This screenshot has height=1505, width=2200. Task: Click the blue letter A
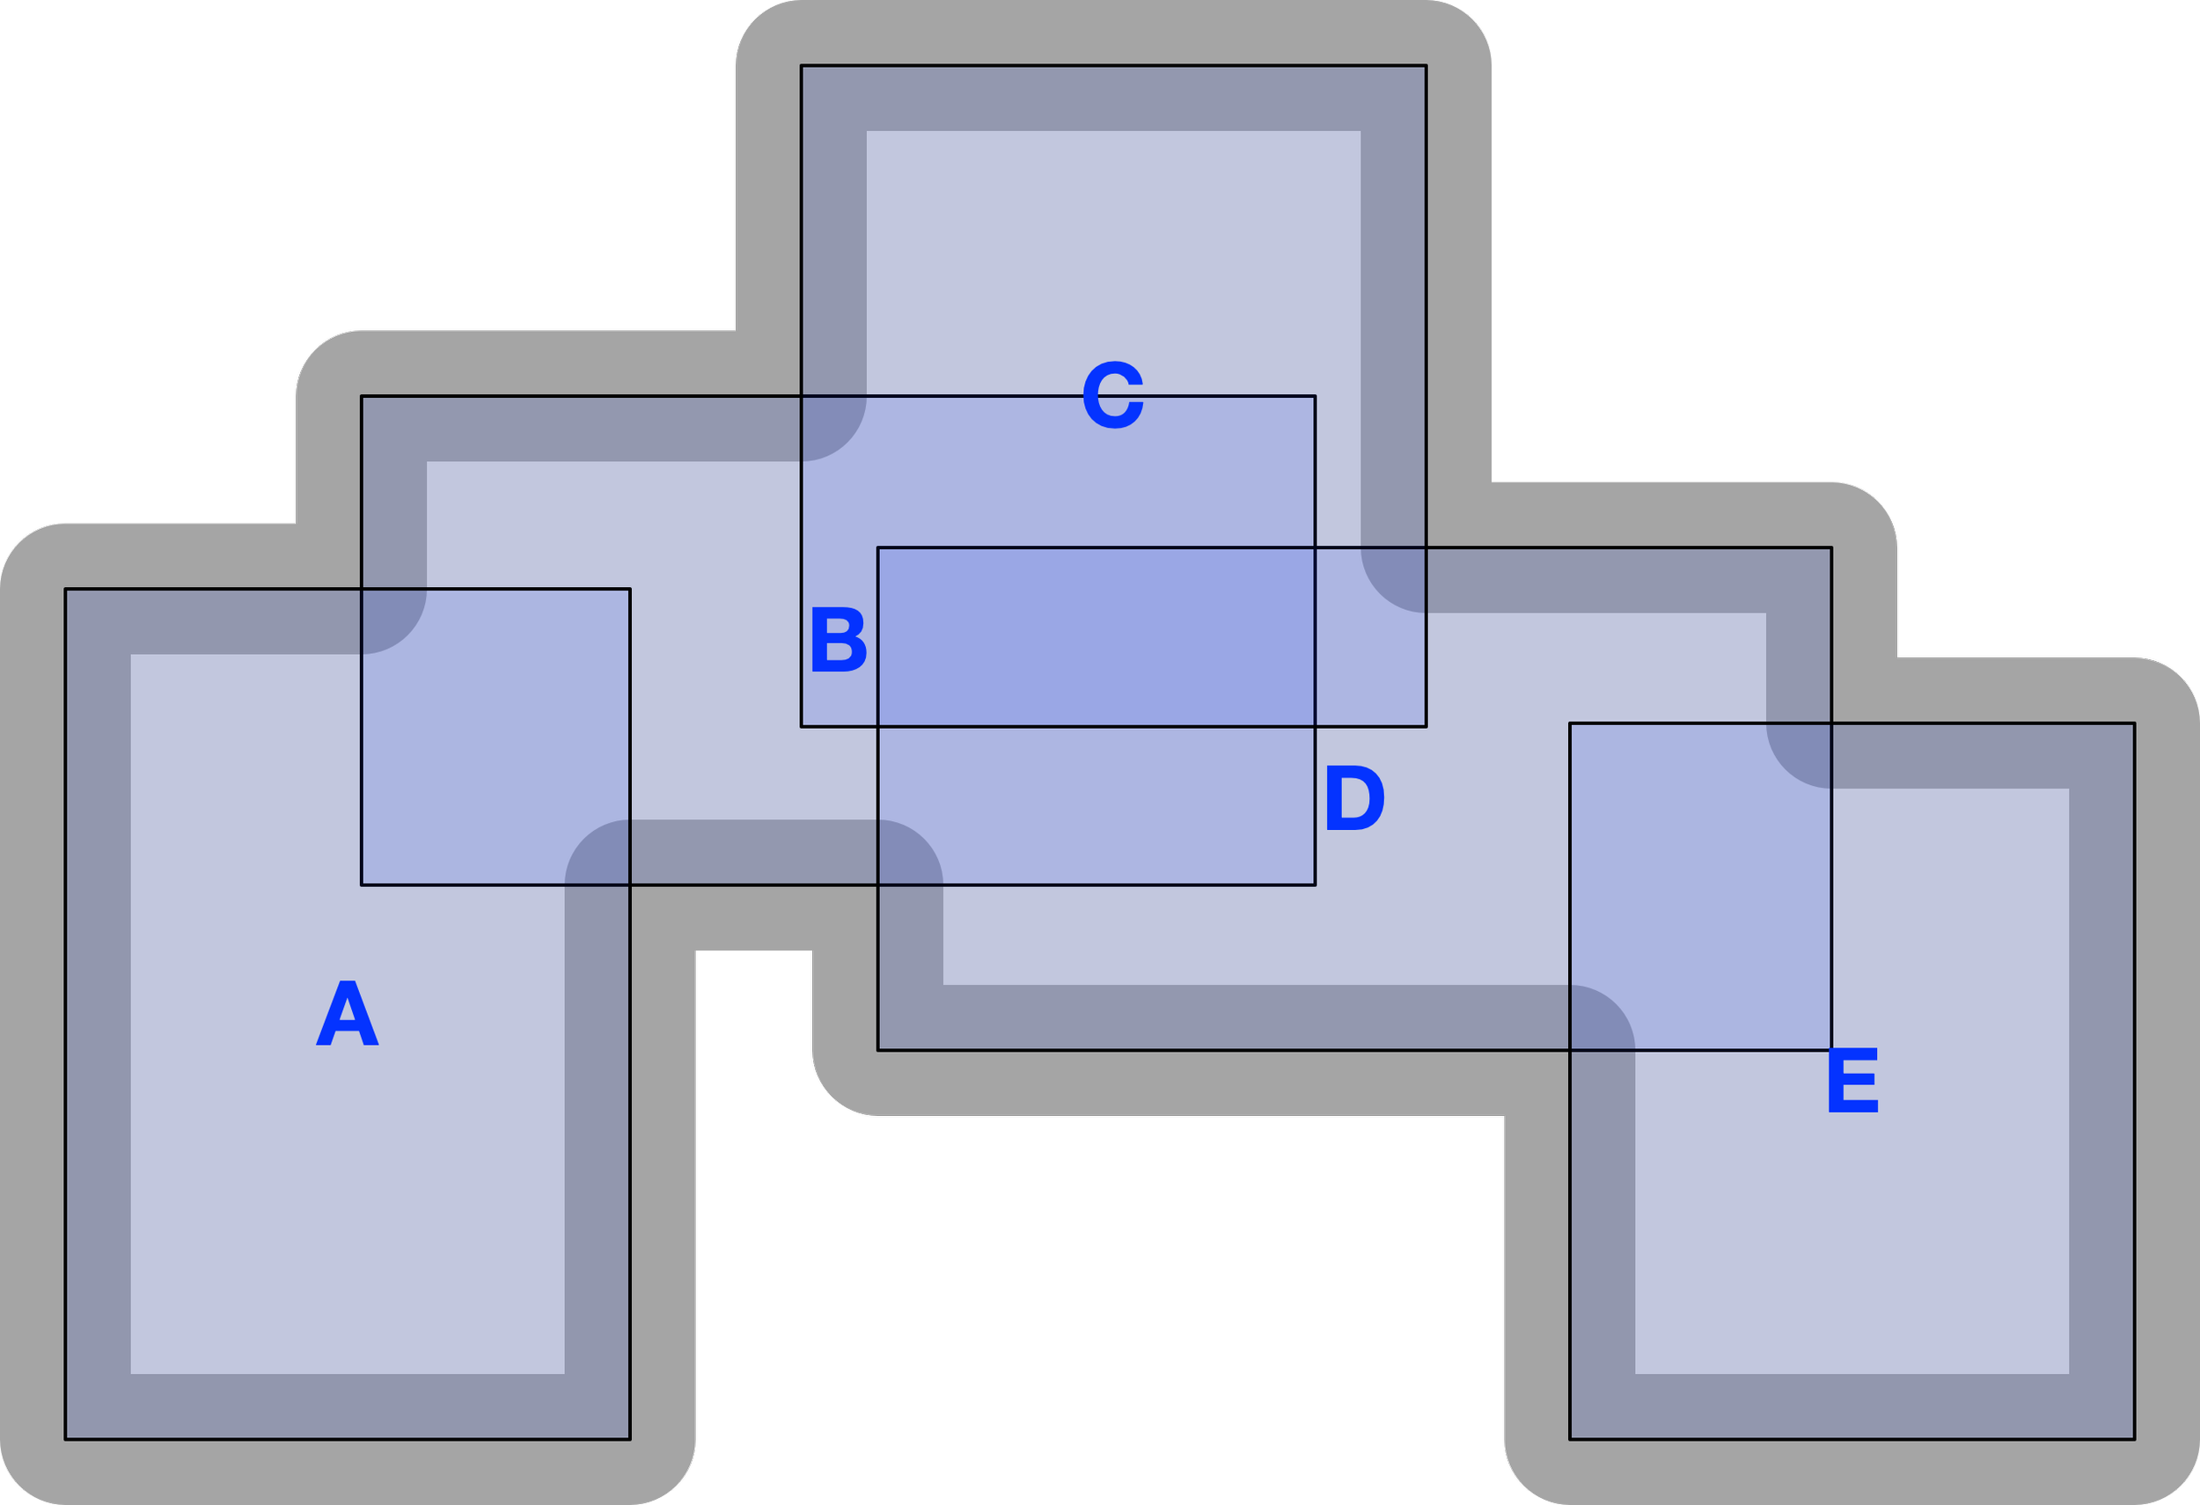tap(348, 1015)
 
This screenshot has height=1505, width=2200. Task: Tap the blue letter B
tap(839, 642)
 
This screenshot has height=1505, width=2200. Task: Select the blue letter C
tap(1113, 396)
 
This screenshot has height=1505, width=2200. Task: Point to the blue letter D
tap(1353, 800)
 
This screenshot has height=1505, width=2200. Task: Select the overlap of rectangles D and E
tap(1700, 887)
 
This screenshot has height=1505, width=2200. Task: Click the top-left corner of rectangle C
tap(802, 65)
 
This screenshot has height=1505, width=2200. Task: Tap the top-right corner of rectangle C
tap(1426, 65)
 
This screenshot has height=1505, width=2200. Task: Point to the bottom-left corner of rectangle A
tap(65, 1439)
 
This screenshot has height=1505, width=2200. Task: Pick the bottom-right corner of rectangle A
tap(629, 1439)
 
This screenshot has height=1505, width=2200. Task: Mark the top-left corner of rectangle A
tap(65, 589)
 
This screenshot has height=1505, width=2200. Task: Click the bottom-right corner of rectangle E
tap(2134, 1439)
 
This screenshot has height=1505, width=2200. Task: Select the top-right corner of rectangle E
tap(2134, 723)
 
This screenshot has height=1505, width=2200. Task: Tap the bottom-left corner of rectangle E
tap(1571, 1439)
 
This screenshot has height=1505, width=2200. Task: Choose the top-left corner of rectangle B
tap(362, 396)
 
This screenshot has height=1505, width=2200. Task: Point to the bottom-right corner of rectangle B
tap(1315, 885)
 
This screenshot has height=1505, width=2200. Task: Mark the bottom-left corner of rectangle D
tap(878, 1050)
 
